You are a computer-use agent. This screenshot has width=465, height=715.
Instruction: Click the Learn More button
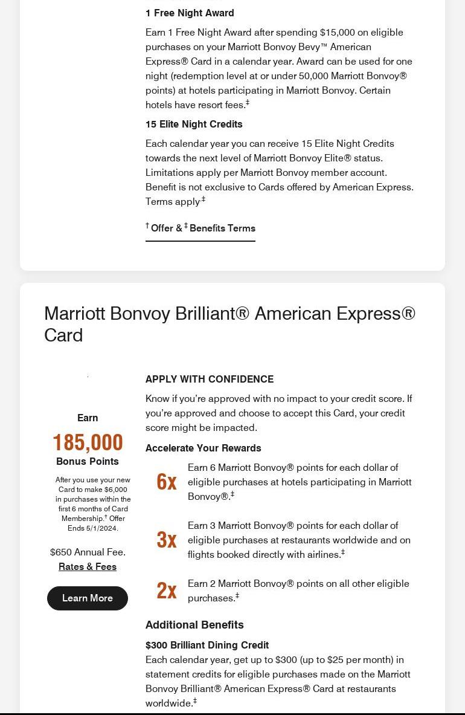coord(88,598)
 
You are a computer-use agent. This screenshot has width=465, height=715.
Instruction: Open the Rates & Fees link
coord(88,566)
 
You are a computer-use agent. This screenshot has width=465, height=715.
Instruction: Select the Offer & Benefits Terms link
coord(200,228)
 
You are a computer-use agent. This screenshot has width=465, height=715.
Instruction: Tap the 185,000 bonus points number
coord(88,442)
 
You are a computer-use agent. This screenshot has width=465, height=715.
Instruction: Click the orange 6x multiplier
coord(166,482)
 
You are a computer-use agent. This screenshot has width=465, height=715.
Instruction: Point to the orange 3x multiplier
coord(166,540)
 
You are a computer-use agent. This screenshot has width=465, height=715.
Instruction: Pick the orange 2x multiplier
coord(166,590)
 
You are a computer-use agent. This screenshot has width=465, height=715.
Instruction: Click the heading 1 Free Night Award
coord(190,13)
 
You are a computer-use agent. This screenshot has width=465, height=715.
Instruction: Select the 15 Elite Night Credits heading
coord(194,124)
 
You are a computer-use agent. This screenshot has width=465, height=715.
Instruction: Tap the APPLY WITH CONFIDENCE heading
coord(210,379)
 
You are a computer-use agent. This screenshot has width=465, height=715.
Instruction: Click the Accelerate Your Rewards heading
coord(204,448)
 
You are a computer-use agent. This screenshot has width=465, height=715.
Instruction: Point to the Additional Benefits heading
coord(194,624)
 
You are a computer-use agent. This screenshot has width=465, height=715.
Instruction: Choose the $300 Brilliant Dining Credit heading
coord(207,645)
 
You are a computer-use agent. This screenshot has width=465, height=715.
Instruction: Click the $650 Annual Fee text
coord(88,552)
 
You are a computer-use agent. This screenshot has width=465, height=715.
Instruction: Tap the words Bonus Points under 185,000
coord(88,461)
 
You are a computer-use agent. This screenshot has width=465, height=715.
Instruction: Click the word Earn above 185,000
coord(88,418)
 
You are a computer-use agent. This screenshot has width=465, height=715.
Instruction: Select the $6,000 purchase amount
coord(116,490)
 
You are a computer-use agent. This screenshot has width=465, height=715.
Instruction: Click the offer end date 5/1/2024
coord(102,528)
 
